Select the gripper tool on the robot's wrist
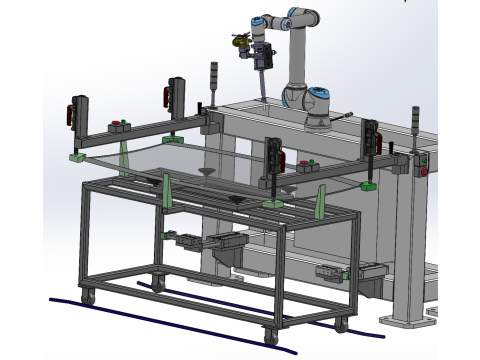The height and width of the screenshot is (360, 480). (262, 58)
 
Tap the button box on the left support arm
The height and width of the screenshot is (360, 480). (119, 126)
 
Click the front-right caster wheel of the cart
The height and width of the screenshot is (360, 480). (271, 335)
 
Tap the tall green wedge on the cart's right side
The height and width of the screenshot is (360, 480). (320, 203)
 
